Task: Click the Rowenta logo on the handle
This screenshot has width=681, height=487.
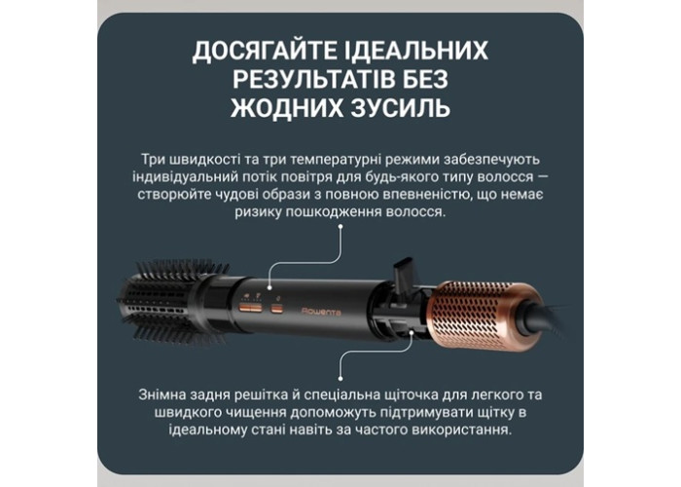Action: tap(321, 312)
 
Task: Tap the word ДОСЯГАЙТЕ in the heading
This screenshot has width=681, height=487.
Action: tap(265, 51)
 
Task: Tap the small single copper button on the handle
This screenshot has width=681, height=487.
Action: tap(275, 309)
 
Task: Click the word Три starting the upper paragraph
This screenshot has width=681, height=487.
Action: tap(151, 160)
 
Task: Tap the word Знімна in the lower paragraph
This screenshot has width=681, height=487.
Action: tap(161, 394)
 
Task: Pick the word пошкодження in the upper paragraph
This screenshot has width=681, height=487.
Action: tap(331, 212)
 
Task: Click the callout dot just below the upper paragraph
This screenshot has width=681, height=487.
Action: tap(340, 226)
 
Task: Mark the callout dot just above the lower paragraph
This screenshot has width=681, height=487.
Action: tap(340, 379)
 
